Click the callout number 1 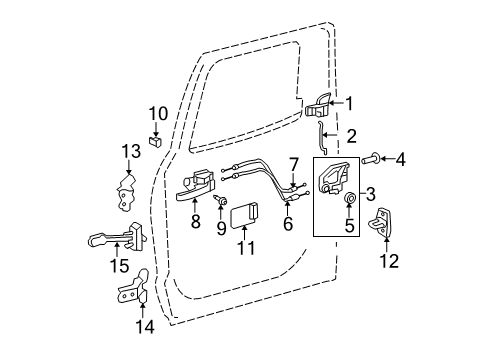(350, 103)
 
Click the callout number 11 (245, 246)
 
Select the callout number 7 (294, 163)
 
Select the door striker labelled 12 (386, 227)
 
